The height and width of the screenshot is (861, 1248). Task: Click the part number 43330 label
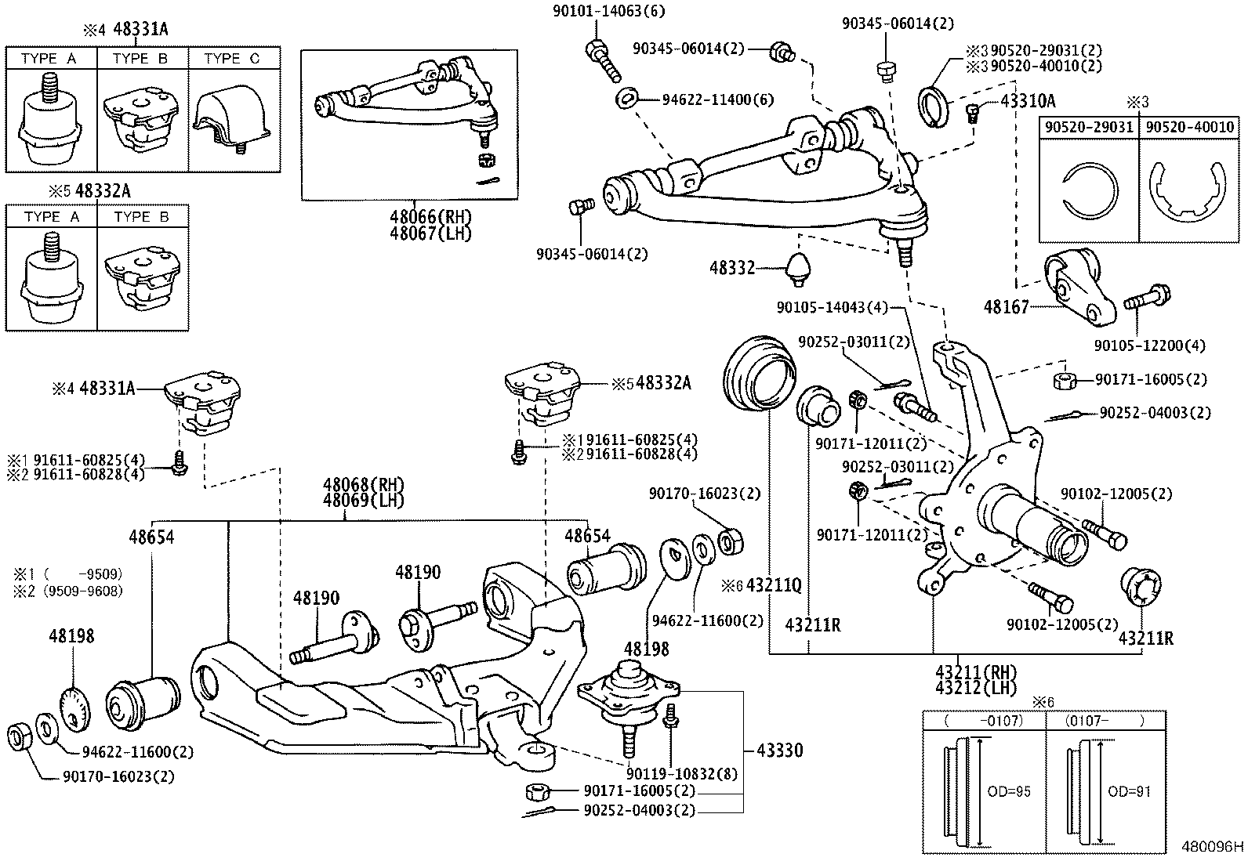779,751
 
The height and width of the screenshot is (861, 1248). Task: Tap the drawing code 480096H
1212,847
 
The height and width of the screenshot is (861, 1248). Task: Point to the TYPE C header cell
233,59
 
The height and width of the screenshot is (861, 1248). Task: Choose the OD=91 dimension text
1129,791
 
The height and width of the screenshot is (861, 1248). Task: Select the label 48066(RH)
431,216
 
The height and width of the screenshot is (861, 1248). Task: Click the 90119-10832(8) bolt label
682,773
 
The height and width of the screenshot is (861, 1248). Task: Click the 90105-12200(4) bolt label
1149,345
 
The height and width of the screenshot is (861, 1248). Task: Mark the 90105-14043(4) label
832,308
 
